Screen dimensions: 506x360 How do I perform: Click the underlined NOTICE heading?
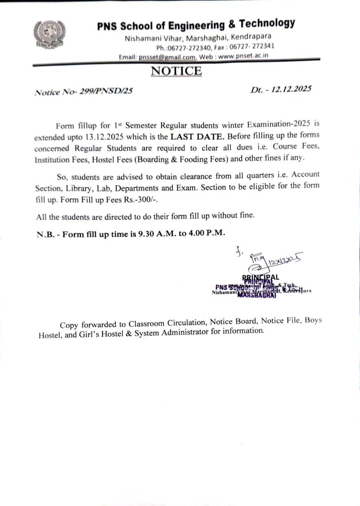[176, 71]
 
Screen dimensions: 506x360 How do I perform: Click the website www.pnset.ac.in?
[243, 56]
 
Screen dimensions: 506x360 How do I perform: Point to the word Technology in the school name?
[267, 23]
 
